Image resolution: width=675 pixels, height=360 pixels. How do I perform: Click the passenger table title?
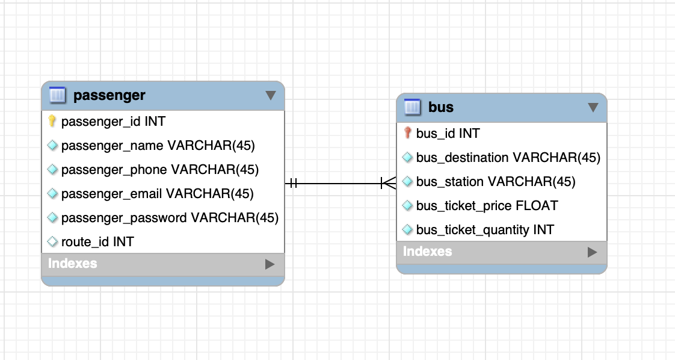[109, 95]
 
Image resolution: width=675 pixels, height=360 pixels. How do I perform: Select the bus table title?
[440, 107]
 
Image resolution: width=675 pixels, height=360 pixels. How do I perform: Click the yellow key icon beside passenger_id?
[52, 121]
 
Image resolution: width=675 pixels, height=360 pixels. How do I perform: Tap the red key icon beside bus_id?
[407, 133]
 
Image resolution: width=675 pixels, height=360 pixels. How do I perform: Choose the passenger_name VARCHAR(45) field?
[158, 145]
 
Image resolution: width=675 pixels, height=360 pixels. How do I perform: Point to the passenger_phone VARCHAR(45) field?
[159, 169]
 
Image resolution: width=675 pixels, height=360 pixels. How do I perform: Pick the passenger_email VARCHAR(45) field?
[157, 193]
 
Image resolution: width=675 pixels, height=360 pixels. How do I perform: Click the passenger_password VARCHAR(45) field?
[170, 217]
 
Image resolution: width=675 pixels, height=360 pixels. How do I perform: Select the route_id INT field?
[97, 241]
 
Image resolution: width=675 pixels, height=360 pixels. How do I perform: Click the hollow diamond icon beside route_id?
[52, 241]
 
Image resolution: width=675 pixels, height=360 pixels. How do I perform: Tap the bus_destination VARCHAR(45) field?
[508, 157]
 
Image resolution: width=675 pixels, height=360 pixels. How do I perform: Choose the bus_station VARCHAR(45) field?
[495, 181]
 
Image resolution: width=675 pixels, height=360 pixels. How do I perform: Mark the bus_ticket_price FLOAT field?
[487, 205]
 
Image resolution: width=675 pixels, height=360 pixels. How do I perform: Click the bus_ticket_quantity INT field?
[485, 229]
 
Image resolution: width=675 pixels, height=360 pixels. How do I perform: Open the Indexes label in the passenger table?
[72, 263]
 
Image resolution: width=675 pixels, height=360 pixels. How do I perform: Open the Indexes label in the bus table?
[427, 251]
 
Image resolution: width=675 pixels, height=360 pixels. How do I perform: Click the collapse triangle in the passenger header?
[270, 95]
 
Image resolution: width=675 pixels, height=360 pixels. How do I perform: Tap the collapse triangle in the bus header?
[593, 107]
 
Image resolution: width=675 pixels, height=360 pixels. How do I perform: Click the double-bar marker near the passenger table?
[293, 182]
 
